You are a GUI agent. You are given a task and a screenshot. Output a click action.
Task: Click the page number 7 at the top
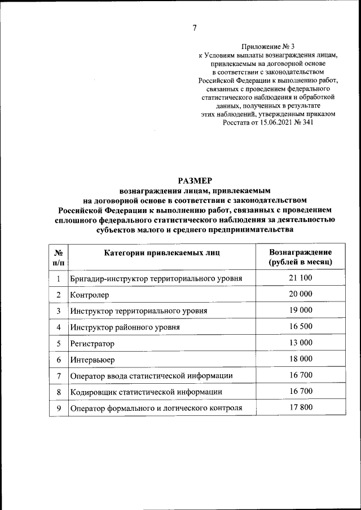point(194,28)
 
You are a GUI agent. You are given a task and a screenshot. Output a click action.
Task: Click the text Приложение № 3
point(268,46)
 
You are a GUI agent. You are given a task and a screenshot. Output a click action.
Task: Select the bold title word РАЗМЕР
point(195,181)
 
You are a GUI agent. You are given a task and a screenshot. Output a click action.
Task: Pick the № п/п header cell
point(58,257)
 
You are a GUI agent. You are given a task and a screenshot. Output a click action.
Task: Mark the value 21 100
point(300,278)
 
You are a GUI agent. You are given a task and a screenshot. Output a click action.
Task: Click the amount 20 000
point(300,294)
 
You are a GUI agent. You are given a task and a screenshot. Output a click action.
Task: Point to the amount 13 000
point(300,343)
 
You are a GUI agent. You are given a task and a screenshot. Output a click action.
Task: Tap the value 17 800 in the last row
point(300,407)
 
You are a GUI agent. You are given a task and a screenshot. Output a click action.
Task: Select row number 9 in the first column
point(58,407)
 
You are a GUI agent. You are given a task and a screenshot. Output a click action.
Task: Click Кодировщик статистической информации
point(146,392)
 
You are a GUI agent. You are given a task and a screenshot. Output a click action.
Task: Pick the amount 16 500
point(300,326)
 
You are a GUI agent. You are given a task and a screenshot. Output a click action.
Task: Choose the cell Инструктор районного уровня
point(125,327)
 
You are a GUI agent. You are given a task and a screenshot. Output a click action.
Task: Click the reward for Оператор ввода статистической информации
point(300,375)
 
